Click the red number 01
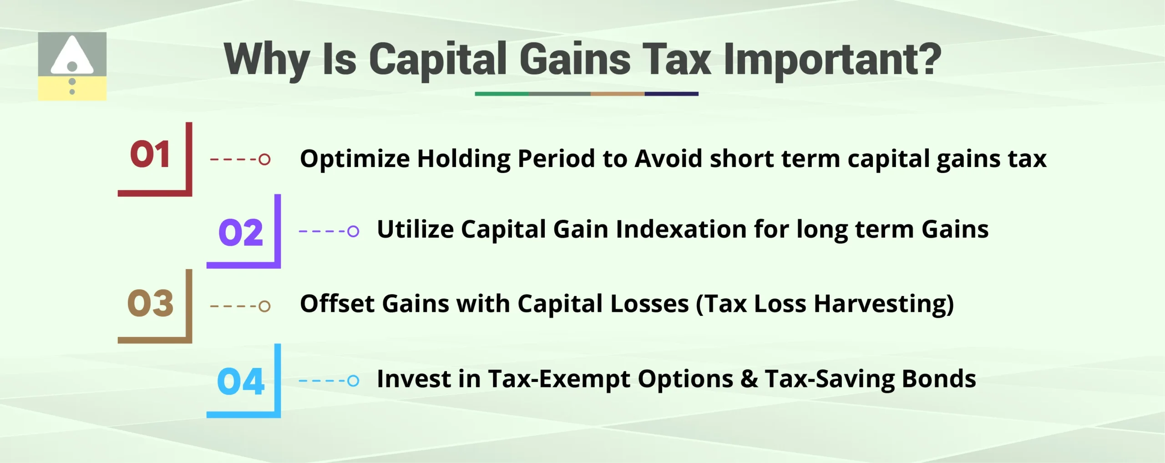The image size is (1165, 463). [150, 155]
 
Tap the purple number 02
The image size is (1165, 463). [241, 233]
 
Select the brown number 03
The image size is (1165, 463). [150, 303]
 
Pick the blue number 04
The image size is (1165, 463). [241, 382]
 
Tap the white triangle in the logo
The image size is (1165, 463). [72, 55]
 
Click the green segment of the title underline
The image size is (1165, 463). [501, 94]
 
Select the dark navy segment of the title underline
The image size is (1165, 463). [671, 94]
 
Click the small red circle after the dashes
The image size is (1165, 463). [264, 159]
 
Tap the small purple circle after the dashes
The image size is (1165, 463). [353, 231]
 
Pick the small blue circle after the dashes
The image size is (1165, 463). [353, 381]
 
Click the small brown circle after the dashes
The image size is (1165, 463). [264, 306]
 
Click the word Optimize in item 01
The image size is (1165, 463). [355, 159]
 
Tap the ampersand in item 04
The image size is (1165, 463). [749, 379]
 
